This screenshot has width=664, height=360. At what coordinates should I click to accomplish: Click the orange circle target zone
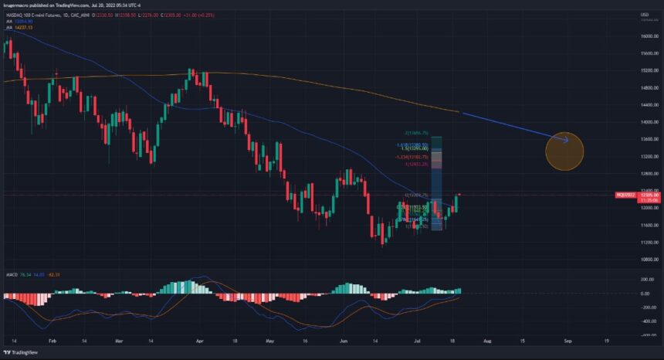(x=564, y=151)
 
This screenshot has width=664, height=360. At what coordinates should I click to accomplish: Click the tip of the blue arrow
(x=569, y=140)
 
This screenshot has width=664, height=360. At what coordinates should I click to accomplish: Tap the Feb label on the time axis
(x=52, y=340)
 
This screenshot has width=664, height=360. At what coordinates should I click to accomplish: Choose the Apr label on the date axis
(x=200, y=340)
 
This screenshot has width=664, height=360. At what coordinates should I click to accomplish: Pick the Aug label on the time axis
(x=486, y=340)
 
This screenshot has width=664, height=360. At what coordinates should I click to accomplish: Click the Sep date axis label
(x=567, y=340)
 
